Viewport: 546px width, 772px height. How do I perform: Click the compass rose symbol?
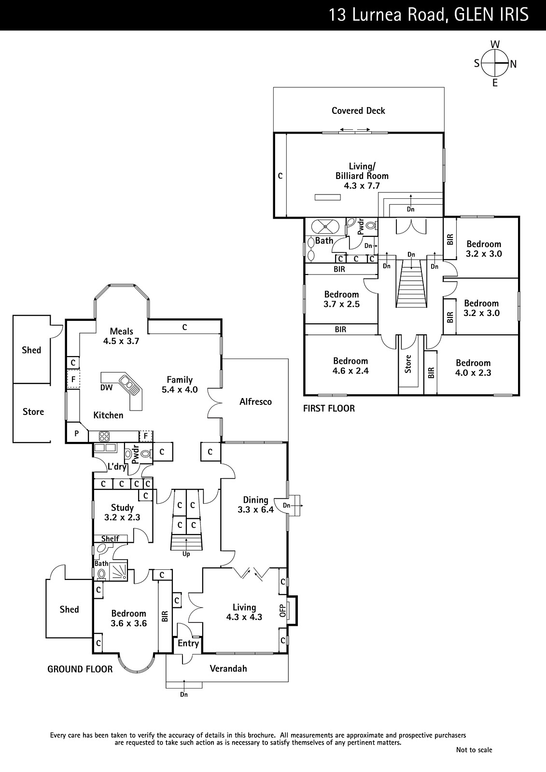(x=495, y=63)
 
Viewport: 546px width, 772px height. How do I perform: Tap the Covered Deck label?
(x=358, y=110)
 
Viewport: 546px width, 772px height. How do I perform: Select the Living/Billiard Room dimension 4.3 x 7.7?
(x=362, y=186)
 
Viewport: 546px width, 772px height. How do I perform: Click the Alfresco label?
(x=255, y=401)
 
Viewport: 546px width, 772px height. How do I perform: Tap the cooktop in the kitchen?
(x=104, y=436)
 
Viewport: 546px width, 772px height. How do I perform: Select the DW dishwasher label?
(x=107, y=387)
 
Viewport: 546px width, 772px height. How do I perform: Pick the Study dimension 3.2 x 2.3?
(x=122, y=517)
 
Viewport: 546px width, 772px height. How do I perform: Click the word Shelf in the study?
(x=110, y=538)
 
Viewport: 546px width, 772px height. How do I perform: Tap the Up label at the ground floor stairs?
(x=186, y=554)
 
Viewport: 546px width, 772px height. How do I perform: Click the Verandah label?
(x=228, y=669)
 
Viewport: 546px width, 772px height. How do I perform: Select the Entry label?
(x=188, y=644)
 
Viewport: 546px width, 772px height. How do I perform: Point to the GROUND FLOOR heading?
(x=80, y=669)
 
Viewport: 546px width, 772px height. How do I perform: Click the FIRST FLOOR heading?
(x=329, y=408)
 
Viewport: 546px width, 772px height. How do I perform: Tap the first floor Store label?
(x=408, y=364)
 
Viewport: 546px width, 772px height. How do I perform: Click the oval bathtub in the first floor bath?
(x=325, y=226)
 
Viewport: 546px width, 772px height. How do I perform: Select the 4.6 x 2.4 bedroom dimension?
(x=350, y=371)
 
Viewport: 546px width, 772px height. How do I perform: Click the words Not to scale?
(x=474, y=750)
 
